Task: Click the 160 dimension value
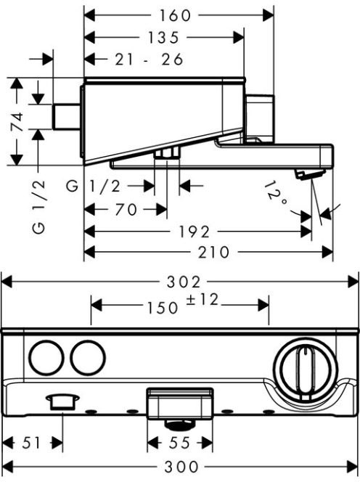pos(175,15)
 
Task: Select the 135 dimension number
pos(163,38)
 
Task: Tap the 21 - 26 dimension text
pos(149,60)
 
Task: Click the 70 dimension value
pos(126,210)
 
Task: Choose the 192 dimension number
pos(195,232)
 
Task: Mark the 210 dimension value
pos(213,253)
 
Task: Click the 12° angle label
pos(276,195)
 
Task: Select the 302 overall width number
pos(184,282)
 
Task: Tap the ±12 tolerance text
pos(202,300)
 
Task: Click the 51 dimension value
pos(31,443)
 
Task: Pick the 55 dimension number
pos(179,443)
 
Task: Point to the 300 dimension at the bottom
pos(181,467)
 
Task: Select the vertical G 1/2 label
pos(39,207)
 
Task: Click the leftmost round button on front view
pos(46,357)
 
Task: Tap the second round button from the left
pos(88,357)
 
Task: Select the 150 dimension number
pos(163,308)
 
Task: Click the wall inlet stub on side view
pos(66,117)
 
